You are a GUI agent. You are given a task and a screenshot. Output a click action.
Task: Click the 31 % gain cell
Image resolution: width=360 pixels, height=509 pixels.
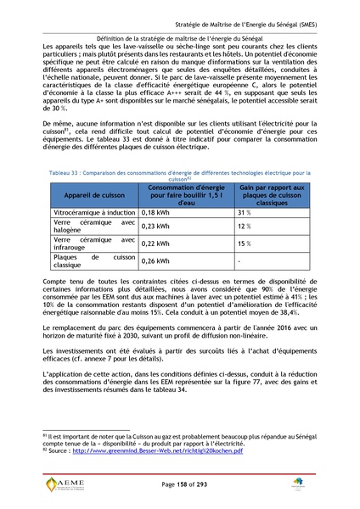(245, 212)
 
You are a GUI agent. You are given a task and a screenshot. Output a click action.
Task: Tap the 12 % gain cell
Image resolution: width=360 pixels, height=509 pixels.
(245, 227)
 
